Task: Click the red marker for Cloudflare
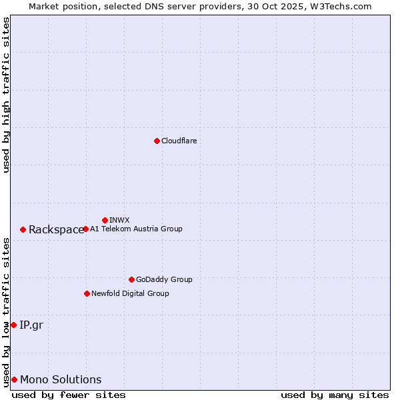(157, 141)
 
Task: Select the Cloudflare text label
(179, 141)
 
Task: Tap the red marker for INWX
(105, 220)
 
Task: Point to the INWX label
(119, 220)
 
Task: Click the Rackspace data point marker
(23, 229)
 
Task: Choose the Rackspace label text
(56, 230)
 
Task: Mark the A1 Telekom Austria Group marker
(85, 229)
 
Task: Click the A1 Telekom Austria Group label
(136, 229)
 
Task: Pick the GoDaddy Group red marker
(131, 279)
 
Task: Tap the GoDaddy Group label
(164, 279)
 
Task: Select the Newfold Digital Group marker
(87, 293)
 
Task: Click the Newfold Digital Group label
(130, 293)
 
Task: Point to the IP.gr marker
(13, 325)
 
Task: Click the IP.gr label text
(31, 325)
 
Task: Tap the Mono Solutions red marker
(14, 379)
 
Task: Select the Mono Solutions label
(61, 380)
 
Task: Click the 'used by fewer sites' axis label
(69, 395)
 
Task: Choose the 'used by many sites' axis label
(335, 395)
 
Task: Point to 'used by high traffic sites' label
(6, 95)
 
